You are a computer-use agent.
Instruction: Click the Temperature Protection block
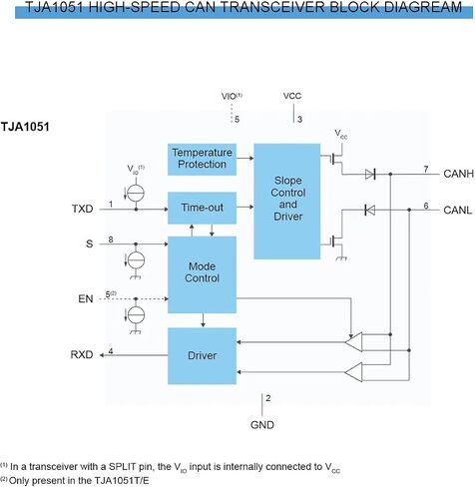(x=202, y=160)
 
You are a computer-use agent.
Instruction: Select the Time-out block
(x=202, y=208)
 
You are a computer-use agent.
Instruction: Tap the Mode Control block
(x=202, y=274)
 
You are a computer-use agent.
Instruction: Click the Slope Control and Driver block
(x=287, y=202)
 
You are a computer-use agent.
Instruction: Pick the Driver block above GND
(x=202, y=356)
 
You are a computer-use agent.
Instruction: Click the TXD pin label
(x=83, y=209)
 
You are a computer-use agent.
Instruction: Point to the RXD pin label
(x=82, y=354)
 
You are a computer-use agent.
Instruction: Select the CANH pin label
(x=459, y=174)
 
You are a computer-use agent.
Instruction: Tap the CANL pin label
(x=458, y=211)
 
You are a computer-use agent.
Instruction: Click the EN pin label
(x=86, y=298)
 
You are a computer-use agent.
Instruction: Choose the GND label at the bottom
(x=262, y=425)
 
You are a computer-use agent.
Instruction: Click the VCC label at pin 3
(x=292, y=96)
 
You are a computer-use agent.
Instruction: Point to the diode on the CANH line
(x=370, y=174)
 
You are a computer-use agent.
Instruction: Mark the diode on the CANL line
(x=370, y=210)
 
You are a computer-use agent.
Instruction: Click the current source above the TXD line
(x=136, y=194)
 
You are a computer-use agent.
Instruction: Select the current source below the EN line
(x=136, y=314)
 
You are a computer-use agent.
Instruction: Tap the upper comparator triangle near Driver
(x=353, y=341)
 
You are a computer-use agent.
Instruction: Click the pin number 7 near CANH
(x=426, y=170)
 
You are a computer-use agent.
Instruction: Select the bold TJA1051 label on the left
(x=25, y=127)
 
